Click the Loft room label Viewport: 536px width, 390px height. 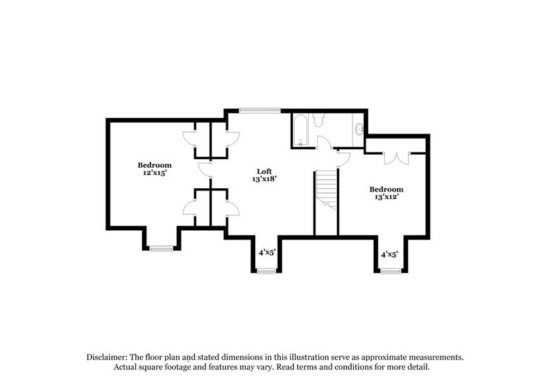[x=264, y=170]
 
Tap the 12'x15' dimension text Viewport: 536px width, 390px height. [x=154, y=173]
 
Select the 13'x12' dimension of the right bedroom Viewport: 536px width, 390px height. [x=386, y=196]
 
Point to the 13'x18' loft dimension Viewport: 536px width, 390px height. [x=264, y=179]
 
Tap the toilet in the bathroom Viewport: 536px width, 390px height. [x=318, y=121]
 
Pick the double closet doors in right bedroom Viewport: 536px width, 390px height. [x=397, y=157]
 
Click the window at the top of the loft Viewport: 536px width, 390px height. [x=260, y=110]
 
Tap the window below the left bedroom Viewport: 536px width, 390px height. [x=160, y=248]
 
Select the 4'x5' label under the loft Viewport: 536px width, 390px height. [x=266, y=252]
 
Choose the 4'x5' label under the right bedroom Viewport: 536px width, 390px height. [x=388, y=253]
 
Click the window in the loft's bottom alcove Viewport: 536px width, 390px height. [x=266, y=271]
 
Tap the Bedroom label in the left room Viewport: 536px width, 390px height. [x=154, y=164]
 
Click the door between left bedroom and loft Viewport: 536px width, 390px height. [x=204, y=169]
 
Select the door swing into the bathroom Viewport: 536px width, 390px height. [x=325, y=141]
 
